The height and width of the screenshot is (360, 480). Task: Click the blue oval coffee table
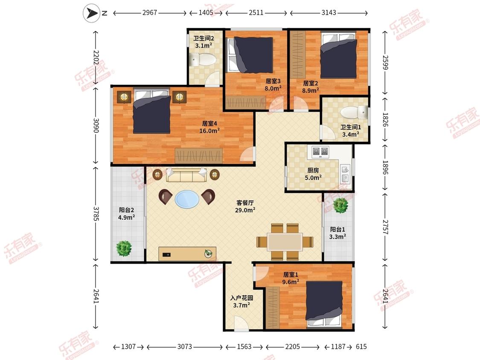click(187, 199)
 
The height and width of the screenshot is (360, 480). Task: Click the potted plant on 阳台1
click(340, 205)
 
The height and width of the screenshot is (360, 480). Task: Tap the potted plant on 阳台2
click(124, 248)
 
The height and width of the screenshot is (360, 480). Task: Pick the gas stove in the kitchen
click(320, 151)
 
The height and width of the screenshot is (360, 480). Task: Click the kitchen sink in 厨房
click(345, 174)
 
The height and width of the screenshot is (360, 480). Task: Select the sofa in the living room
click(186, 175)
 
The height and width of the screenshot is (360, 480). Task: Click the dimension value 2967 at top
click(150, 12)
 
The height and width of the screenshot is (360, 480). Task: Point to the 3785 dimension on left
click(96, 214)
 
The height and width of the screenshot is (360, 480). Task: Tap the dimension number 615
click(361, 346)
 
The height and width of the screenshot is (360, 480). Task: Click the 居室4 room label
click(209, 123)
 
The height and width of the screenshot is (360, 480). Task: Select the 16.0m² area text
click(209, 131)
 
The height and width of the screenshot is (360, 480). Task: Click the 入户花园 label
click(241, 298)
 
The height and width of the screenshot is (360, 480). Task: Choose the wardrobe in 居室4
click(199, 156)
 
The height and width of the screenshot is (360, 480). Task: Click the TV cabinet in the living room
click(187, 254)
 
